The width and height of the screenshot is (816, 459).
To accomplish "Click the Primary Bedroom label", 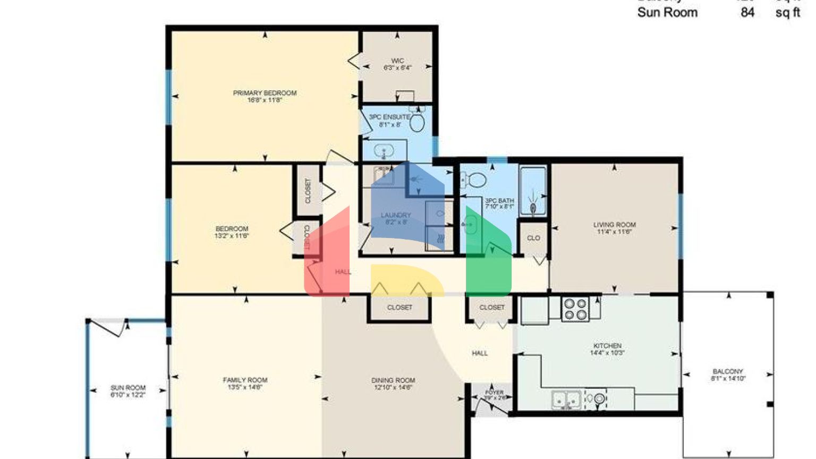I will pos(265,93).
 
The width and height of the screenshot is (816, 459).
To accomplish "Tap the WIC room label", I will pos(397,61).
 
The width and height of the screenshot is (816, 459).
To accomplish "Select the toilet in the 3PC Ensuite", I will pos(418,122).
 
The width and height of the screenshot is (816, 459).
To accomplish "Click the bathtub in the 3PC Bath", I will pos(533,191).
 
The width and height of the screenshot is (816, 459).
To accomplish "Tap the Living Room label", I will pos(615,225).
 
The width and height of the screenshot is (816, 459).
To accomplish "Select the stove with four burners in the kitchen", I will pos(575,309).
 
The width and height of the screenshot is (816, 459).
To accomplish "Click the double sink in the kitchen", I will pos(565,399).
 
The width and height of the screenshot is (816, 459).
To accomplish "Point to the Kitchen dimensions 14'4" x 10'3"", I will pos(607,352).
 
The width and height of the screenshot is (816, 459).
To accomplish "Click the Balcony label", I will pos(727,371).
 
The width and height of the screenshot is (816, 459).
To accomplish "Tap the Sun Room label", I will pos(128,388).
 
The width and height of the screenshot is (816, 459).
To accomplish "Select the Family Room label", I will pos(245,380).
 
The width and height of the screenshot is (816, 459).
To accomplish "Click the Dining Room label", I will pos(393,380).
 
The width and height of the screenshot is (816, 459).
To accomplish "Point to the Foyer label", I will pos(494,393).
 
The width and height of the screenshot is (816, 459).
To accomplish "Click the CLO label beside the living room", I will pos(533,238).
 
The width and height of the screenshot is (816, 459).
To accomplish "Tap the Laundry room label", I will pos(396,215).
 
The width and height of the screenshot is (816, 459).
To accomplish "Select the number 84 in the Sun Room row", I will pos(747,12).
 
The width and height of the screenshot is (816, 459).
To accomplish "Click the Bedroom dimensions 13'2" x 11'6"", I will pos(232,235).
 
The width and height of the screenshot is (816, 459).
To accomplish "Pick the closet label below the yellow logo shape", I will pos(399,307).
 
